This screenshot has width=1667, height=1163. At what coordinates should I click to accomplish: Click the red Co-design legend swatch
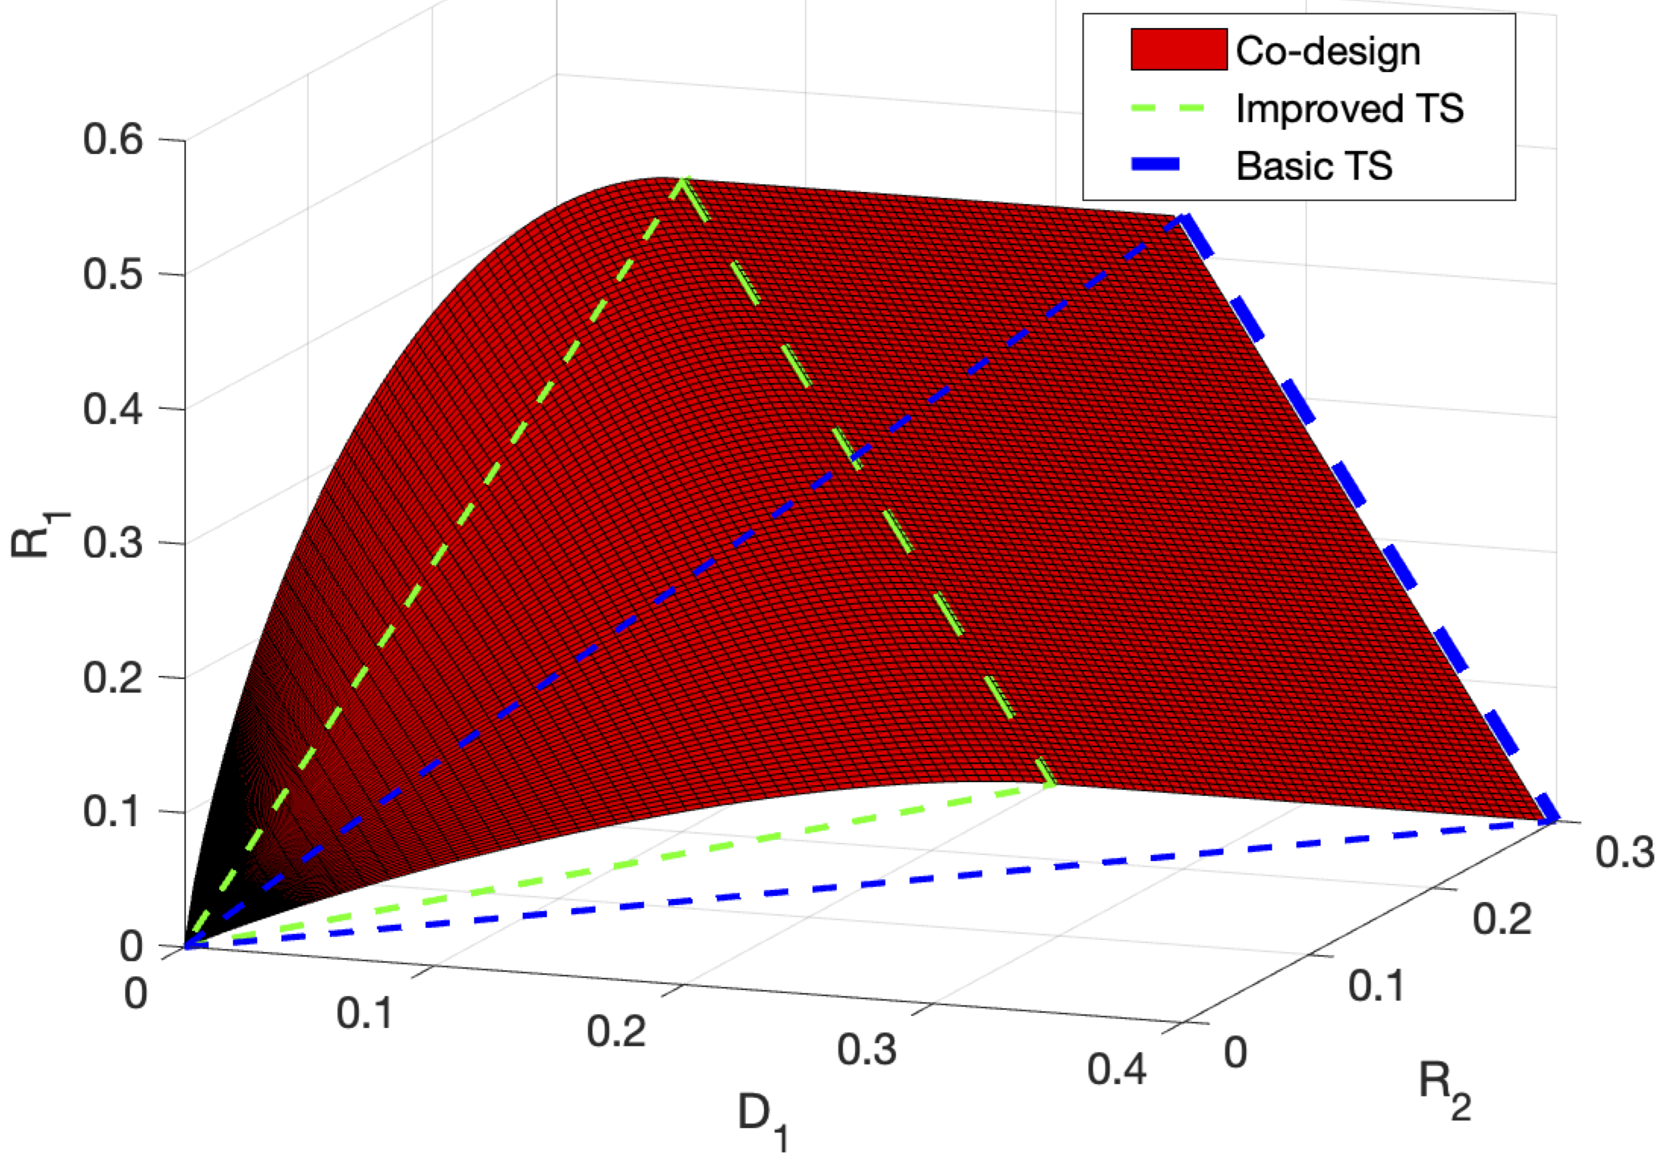1178,50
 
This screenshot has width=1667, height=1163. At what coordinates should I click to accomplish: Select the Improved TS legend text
1349,108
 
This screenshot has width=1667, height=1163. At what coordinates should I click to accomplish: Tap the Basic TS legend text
1314,166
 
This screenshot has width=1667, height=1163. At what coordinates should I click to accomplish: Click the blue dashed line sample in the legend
1156,165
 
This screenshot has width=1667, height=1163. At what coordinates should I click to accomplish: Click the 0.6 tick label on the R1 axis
113,140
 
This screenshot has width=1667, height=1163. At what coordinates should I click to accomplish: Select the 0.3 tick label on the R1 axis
113,543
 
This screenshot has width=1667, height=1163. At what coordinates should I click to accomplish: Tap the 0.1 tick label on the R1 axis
113,812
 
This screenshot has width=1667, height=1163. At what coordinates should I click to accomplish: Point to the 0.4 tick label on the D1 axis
1116,1070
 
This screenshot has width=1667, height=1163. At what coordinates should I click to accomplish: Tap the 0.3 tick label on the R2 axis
1624,852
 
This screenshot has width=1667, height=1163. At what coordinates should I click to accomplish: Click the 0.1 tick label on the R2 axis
1376,985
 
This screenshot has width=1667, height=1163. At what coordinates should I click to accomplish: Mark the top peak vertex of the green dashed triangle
683,180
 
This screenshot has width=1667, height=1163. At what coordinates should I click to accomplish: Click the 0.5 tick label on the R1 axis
113,274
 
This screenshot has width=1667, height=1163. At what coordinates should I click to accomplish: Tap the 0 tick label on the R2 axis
1235,1052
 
